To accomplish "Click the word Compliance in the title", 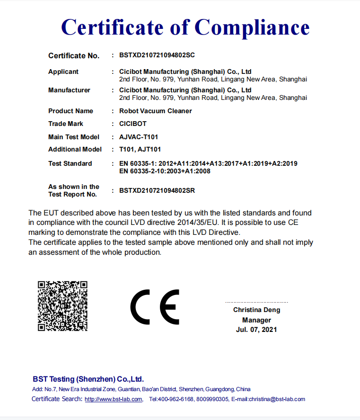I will click(x=252, y=27).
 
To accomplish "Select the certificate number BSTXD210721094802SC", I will click(x=157, y=55).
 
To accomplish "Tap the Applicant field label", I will click(x=63, y=71).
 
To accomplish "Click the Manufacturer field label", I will click(x=69, y=90).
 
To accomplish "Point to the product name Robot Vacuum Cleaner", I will click(x=156, y=111).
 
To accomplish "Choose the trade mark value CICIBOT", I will click(x=133, y=124).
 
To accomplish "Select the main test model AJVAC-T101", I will click(x=138, y=137).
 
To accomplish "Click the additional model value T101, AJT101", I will click(x=140, y=149).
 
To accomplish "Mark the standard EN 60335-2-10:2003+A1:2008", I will click(x=165, y=171).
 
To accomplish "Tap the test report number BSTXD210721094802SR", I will click(x=157, y=190).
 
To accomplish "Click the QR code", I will click(x=62, y=305).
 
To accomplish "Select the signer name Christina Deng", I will click(x=256, y=310).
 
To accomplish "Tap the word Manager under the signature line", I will click(x=256, y=320).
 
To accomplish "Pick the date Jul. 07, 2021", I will click(x=256, y=330).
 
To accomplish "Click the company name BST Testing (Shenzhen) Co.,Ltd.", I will click(x=88, y=379).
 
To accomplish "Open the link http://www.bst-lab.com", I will click(x=114, y=399).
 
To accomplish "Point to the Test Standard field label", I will click(x=70, y=163).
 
